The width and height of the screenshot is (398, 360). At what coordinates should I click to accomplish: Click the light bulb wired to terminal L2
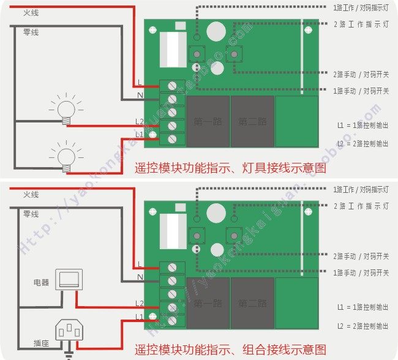65,108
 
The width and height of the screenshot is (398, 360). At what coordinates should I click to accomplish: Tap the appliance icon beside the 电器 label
67,279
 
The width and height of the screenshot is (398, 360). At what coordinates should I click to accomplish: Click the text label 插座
42,343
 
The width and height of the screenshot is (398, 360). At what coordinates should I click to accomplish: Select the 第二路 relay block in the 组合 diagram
252,303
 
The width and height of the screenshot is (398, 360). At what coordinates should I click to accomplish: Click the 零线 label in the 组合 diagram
31,214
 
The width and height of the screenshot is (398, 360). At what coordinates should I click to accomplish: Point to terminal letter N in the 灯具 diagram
140,96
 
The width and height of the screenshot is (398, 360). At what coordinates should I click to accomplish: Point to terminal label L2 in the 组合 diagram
139,303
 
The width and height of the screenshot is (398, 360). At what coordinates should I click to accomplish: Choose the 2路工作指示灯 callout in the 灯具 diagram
361,24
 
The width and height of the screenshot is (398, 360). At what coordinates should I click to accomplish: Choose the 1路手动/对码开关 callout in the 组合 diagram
361,272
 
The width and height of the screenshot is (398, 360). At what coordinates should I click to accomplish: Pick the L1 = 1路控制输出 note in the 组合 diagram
362,307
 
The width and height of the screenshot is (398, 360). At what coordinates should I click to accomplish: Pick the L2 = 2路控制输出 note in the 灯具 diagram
362,143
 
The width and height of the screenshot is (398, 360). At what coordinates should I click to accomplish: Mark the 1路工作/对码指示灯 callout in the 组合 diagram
361,189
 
